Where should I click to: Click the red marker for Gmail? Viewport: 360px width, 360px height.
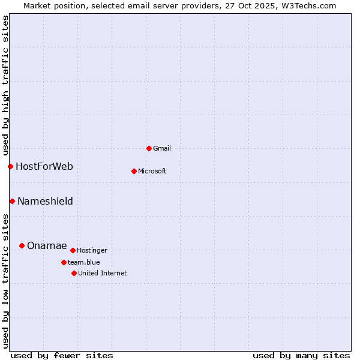tap(149, 148)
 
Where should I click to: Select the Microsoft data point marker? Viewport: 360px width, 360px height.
tap(134, 171)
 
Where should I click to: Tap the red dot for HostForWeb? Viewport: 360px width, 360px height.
tap(10, 166)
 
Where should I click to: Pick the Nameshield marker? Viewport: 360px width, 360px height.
tap(12, 201)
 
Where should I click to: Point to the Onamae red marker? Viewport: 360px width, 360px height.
tap(22, 245)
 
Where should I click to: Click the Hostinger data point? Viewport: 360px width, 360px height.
tap(73, 250)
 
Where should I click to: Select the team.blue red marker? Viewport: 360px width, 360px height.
tap(64, 262)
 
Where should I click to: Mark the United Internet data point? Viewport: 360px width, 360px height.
tap(74, 273)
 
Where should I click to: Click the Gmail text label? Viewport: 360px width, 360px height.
tap(162, 148)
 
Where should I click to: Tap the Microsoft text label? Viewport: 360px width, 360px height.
tap(152, 171)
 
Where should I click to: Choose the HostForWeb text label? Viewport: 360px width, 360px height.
tap(44, 166)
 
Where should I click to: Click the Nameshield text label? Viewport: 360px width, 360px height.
tap(45, 201)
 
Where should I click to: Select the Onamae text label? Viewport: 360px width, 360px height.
tap(47, 245)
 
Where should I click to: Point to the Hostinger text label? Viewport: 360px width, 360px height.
tap(92, 250)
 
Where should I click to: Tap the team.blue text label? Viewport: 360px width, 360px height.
tap(83, 262)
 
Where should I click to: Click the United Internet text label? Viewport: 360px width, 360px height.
tap(102, 273)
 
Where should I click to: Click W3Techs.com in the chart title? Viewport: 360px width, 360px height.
tap(308, 5)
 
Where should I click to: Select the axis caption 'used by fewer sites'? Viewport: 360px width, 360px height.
tap(62, 355)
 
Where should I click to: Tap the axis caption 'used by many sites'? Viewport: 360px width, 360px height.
tap(301, 355)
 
